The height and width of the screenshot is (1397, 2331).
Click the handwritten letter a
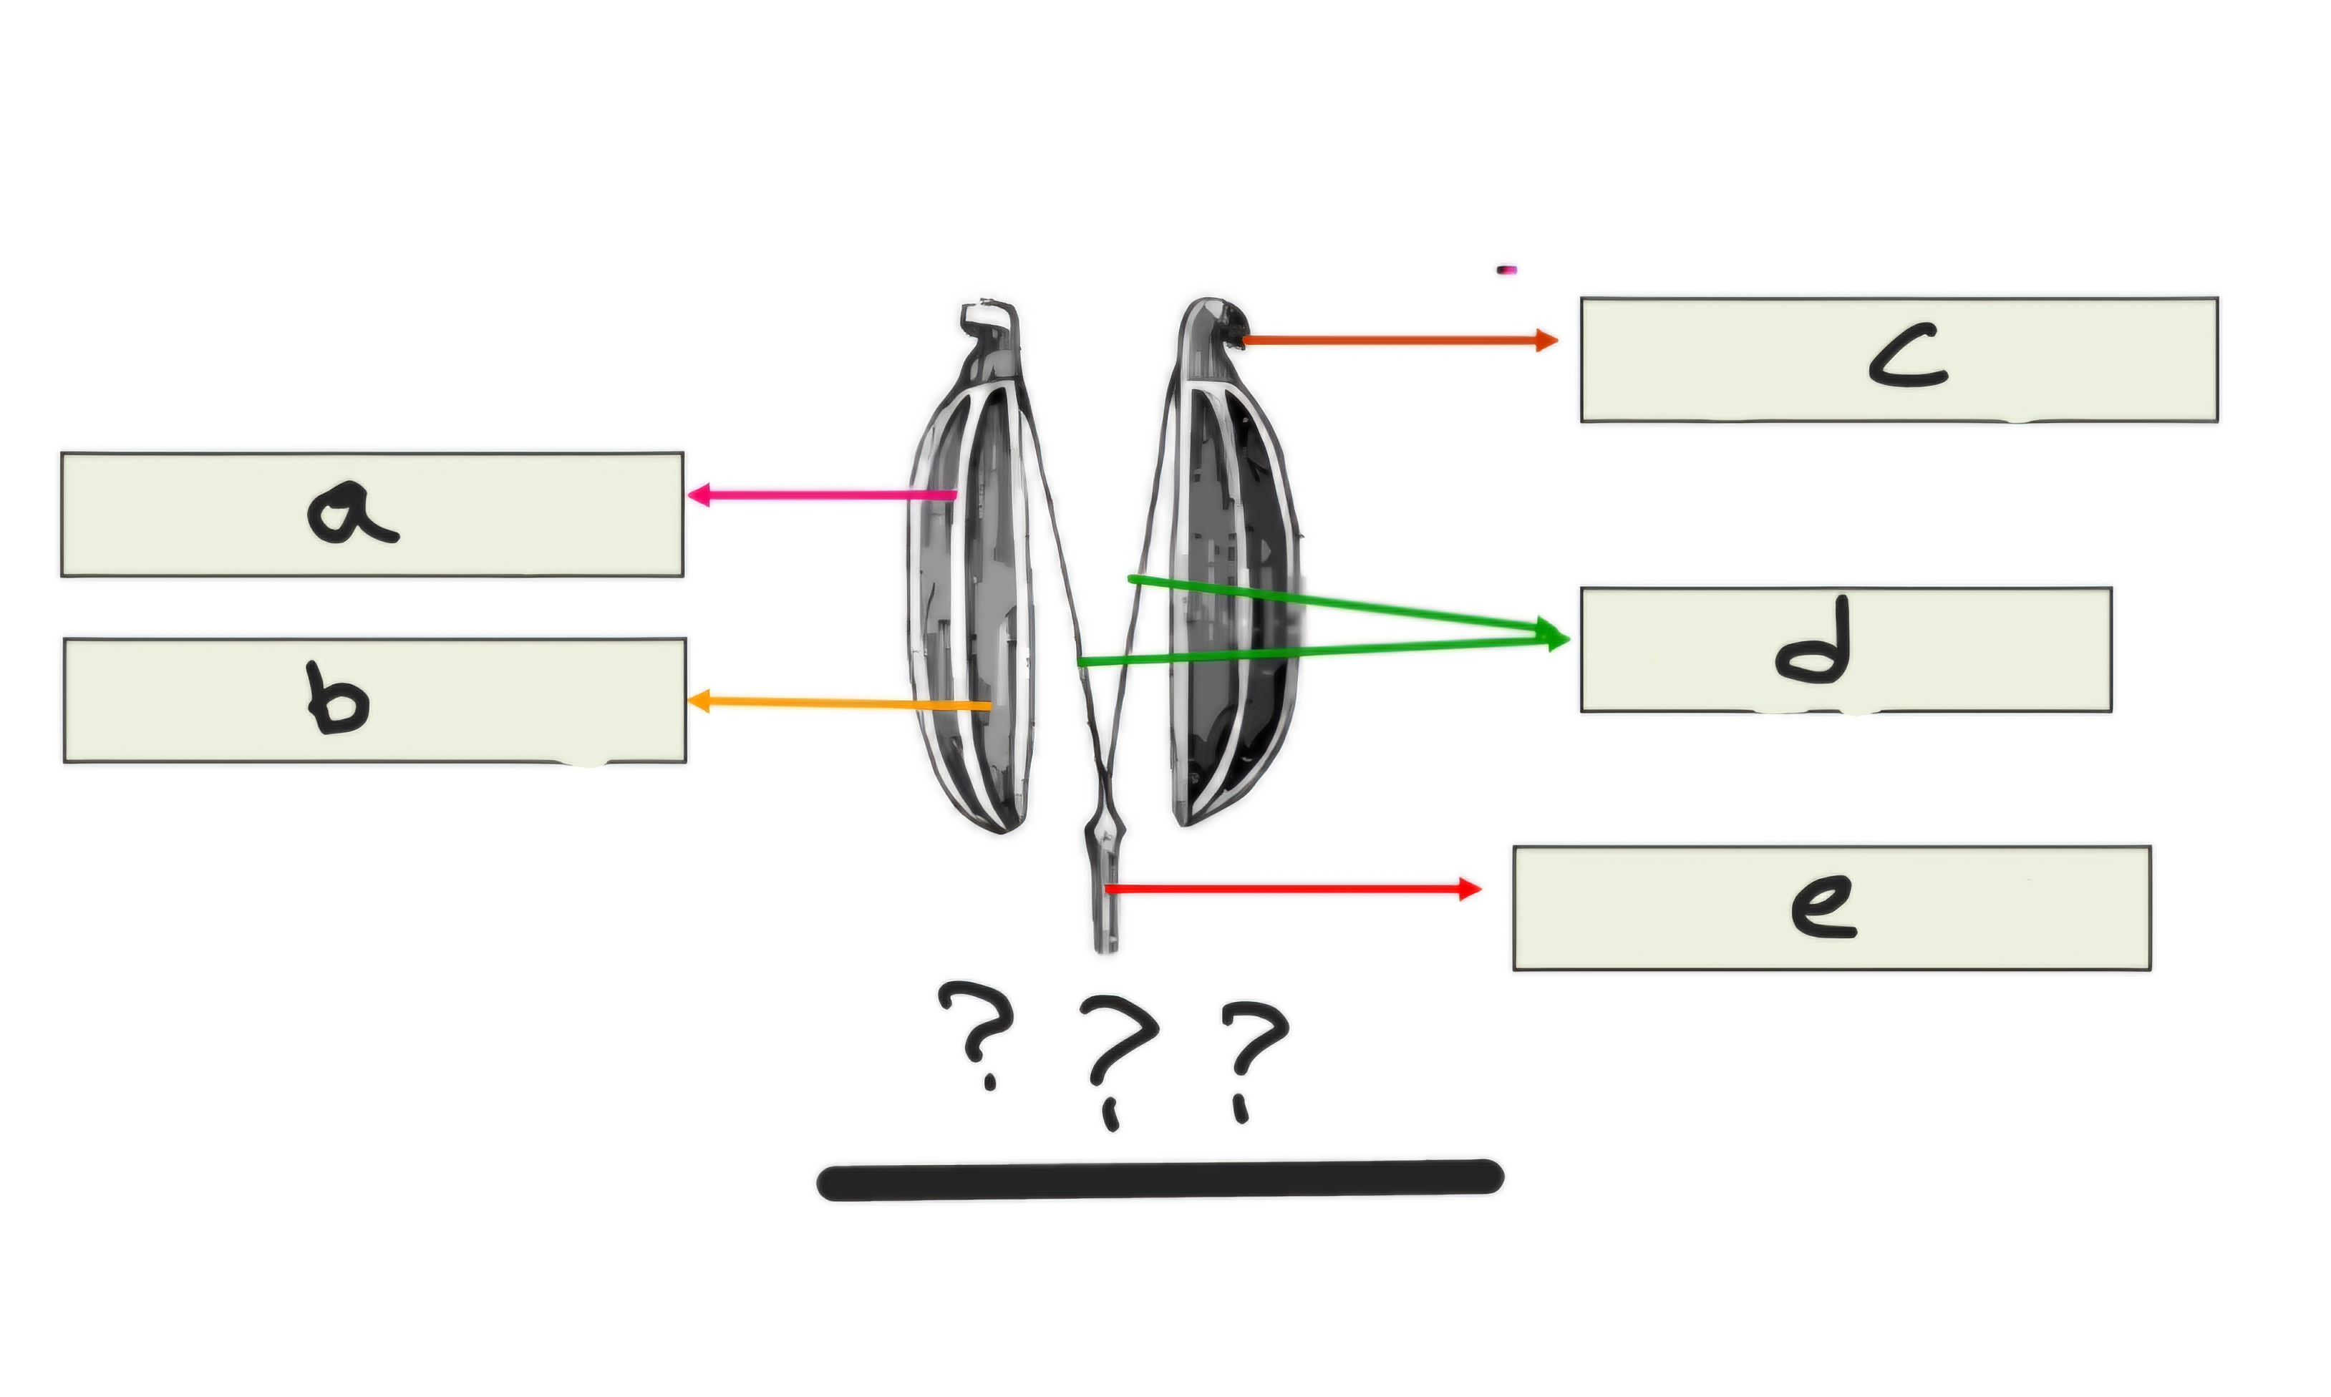(352, 513)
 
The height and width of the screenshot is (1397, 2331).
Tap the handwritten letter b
(338, 698)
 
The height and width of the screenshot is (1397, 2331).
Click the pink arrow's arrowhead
(699, 495)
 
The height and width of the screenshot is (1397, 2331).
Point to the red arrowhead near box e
(1470, 889)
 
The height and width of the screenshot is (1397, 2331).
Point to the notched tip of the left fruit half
(989, 321)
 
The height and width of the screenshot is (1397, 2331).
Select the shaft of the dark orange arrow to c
(1390, 340)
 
